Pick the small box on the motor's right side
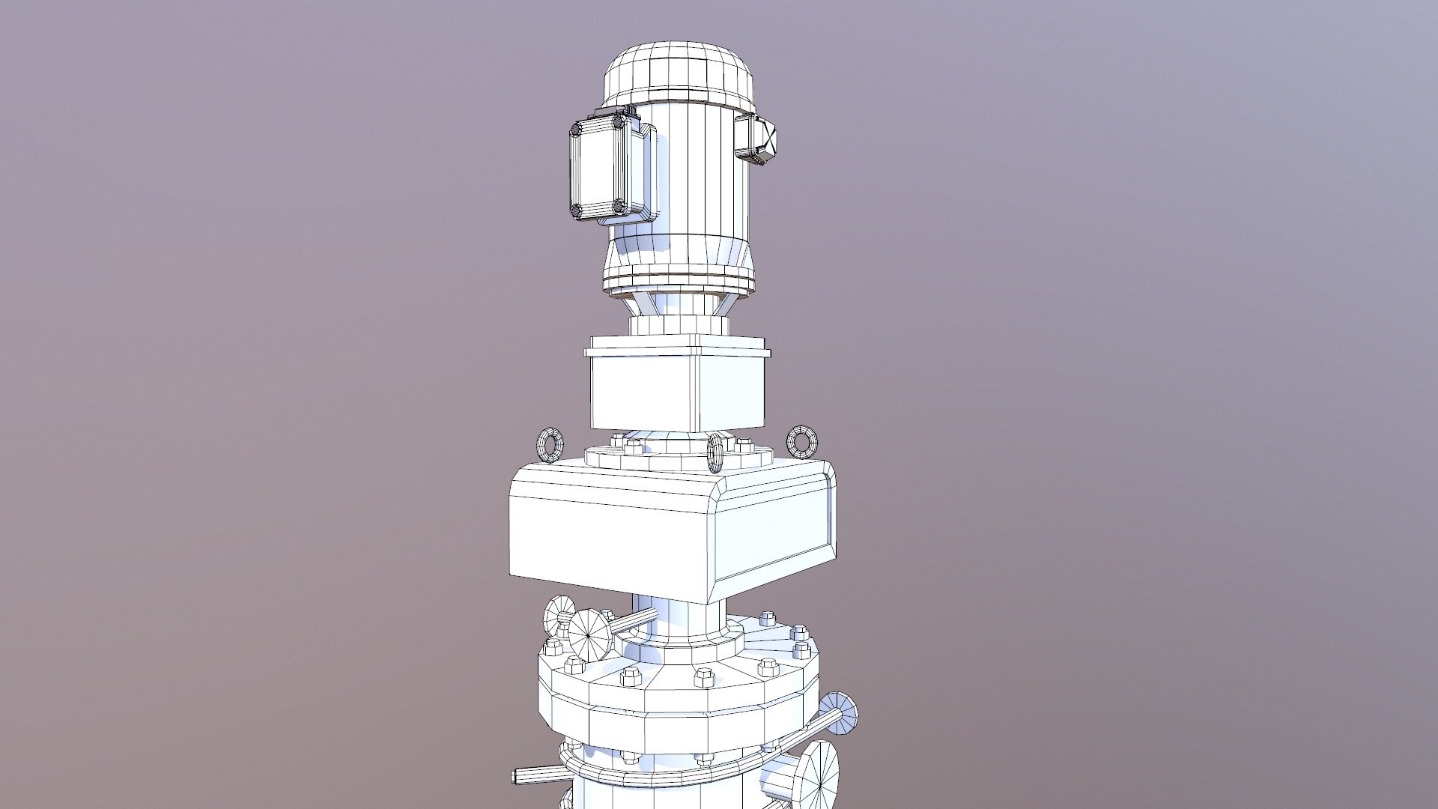[x=756, y=139]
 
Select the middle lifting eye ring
[x=715, y=453]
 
